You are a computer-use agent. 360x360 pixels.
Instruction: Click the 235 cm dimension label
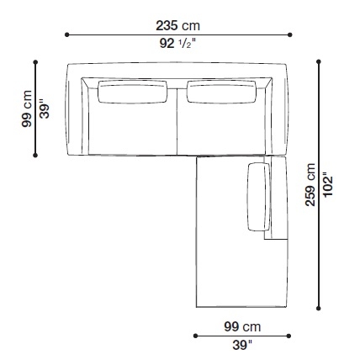click(x=177, y=26)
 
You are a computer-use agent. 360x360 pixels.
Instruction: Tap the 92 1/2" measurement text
click(x=177, y=44)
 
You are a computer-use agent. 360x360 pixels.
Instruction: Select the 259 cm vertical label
click(x=310, y=185)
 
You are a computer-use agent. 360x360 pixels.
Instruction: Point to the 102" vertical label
click(x=328, y=184)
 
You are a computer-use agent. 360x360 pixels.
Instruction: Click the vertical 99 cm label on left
click(x=27, y=109)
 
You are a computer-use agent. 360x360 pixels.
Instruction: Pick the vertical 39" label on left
click(x=45, y=109)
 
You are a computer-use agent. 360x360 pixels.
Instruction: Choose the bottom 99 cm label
click(x=242, y=326)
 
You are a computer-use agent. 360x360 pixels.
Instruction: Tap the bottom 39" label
click(x=242, y=345)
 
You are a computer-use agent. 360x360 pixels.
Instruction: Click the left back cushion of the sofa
click(x=132, y=92)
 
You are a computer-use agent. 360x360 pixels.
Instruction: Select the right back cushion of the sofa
click(x=221, y=92)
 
